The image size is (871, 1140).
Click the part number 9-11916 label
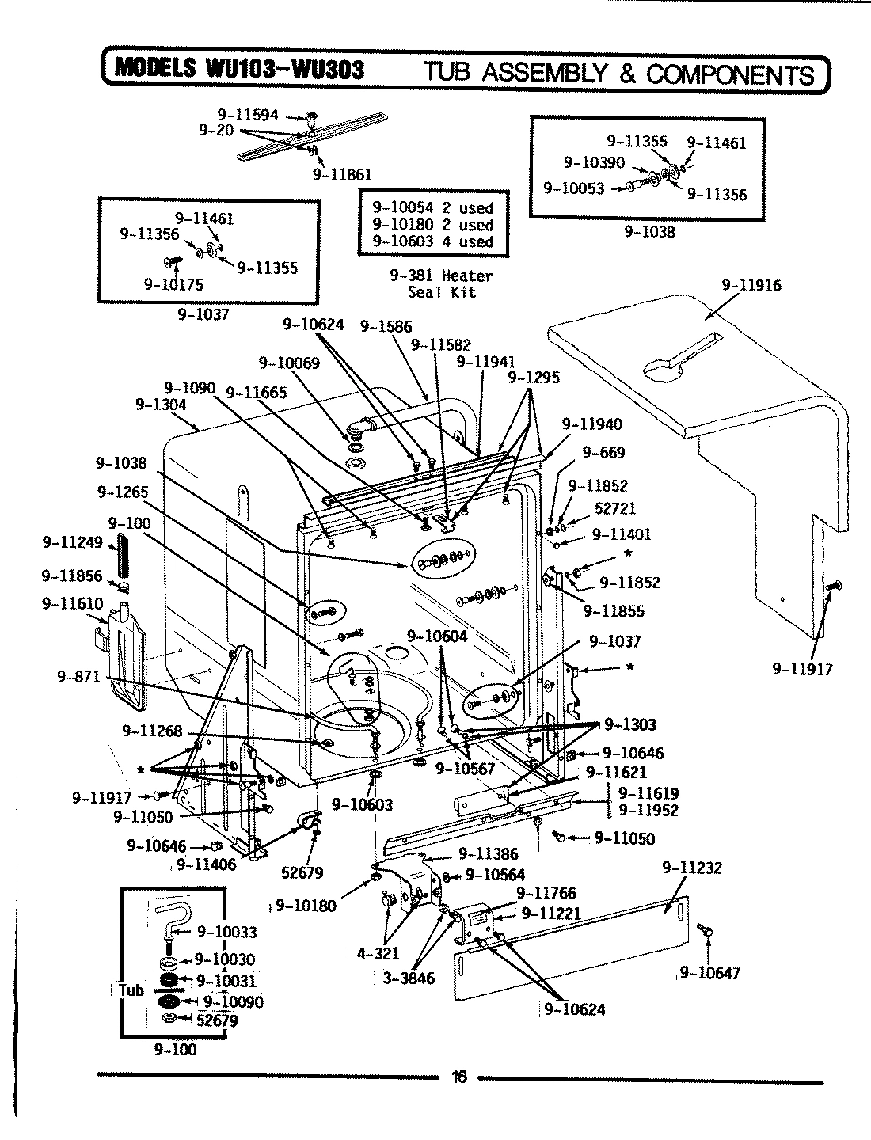point(751,285)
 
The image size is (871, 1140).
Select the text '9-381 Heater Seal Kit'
point(441,283)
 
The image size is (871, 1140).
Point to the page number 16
point(459,1077)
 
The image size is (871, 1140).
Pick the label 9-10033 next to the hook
point(226,932)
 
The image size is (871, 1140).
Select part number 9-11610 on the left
point(72,604)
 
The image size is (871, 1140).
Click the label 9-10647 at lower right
point(709,972)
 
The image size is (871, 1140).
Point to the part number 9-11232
point(691,868)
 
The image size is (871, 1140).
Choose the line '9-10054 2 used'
point(432,208)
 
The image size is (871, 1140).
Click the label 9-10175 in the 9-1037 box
point(173,285)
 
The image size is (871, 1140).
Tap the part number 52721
point(614,508)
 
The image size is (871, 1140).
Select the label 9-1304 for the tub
point(161,405)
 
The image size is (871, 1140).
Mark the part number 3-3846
point(409,978)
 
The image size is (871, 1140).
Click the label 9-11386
point(489,853)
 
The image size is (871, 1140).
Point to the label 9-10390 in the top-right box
point(594,162)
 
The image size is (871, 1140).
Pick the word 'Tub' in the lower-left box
point(131,990)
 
